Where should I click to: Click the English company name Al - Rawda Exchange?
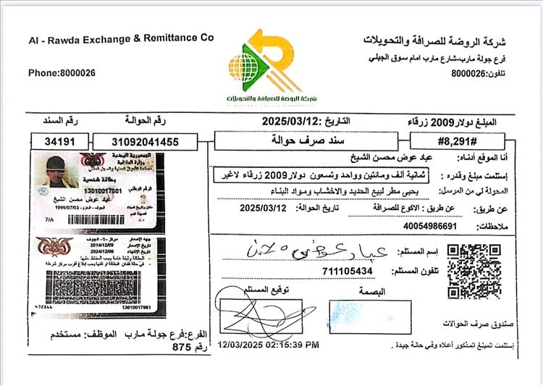[121, 38]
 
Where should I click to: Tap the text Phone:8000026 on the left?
[62, 72]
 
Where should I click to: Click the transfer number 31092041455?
[146, 142]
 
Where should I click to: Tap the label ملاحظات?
[496, 227]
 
